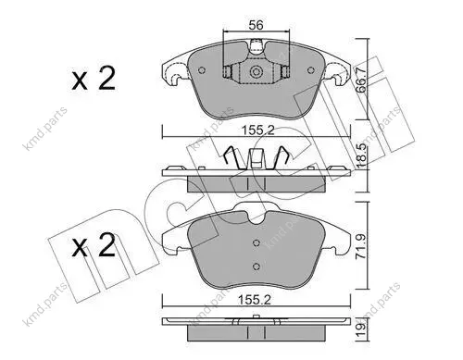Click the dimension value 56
pos(256,25)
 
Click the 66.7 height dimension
pos(361,80)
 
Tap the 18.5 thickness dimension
pos(361,155)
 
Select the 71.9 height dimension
pos(361,246)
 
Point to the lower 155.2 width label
pos(255,300)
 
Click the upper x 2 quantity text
pos(94,78)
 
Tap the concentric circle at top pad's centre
pos(256,72)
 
